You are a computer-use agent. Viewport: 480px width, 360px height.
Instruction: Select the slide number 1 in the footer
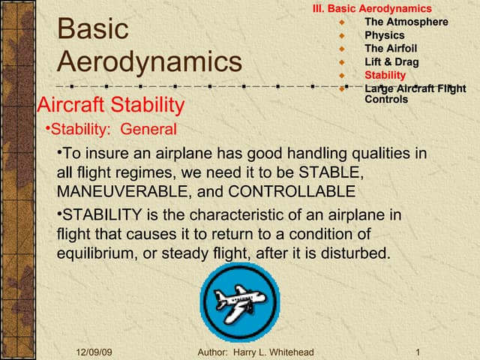(x=416, y=352)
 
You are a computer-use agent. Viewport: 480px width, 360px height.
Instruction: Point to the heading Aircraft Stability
(x=110, y=104)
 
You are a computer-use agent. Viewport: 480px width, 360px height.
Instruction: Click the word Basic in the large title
(x=92, y=29)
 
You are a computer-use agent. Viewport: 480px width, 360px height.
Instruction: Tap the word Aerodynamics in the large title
(x=149, y=61)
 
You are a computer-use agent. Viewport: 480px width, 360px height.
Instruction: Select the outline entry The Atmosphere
(x=406, y=22)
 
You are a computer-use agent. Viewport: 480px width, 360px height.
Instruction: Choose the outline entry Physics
(x=384, y=35)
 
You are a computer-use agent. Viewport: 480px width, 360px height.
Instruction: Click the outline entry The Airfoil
(x=391, y=49)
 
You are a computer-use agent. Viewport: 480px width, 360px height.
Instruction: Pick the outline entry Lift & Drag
(x=391, y=62)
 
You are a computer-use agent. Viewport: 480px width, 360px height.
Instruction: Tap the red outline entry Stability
(x=385, y=75)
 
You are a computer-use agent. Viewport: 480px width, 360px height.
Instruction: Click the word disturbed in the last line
(x=359, y=253)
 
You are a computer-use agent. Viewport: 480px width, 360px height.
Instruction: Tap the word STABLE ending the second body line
(x=334, y=172)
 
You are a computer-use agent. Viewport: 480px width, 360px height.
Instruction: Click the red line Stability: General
(x=112, y=129)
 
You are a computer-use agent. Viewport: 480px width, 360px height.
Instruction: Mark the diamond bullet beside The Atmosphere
(x=341, y=22)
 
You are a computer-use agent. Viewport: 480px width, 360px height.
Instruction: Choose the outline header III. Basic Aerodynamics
(x=372, y=8)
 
